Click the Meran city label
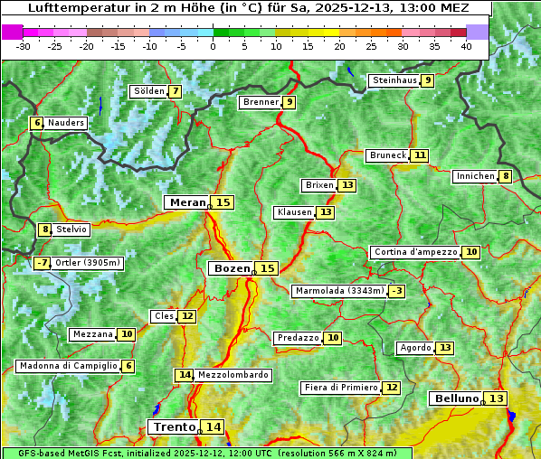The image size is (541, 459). [x=187, y=202]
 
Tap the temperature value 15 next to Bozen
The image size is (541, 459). [x=267, y=268]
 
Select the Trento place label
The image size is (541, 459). [x=174, y=426]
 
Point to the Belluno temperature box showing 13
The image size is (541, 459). [x=496, y=398]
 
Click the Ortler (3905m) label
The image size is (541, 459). [x=88, y=263]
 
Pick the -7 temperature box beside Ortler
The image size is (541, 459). [x=42, y=263]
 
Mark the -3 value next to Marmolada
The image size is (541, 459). [x=396, y=291]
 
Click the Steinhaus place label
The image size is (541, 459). [x=394, y=80]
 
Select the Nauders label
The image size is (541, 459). [x=66, y=123]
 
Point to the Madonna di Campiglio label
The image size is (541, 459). [x=68, y=366]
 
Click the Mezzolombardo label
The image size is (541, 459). [x=233, y=374]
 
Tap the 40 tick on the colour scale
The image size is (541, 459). [x=466, y=45]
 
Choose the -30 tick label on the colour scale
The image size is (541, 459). [x=24, y=45]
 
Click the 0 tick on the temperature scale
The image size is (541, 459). [x=214, y=45]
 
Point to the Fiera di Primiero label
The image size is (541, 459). [x=341, y=388]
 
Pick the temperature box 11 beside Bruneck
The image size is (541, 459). [x=421, y=155]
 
